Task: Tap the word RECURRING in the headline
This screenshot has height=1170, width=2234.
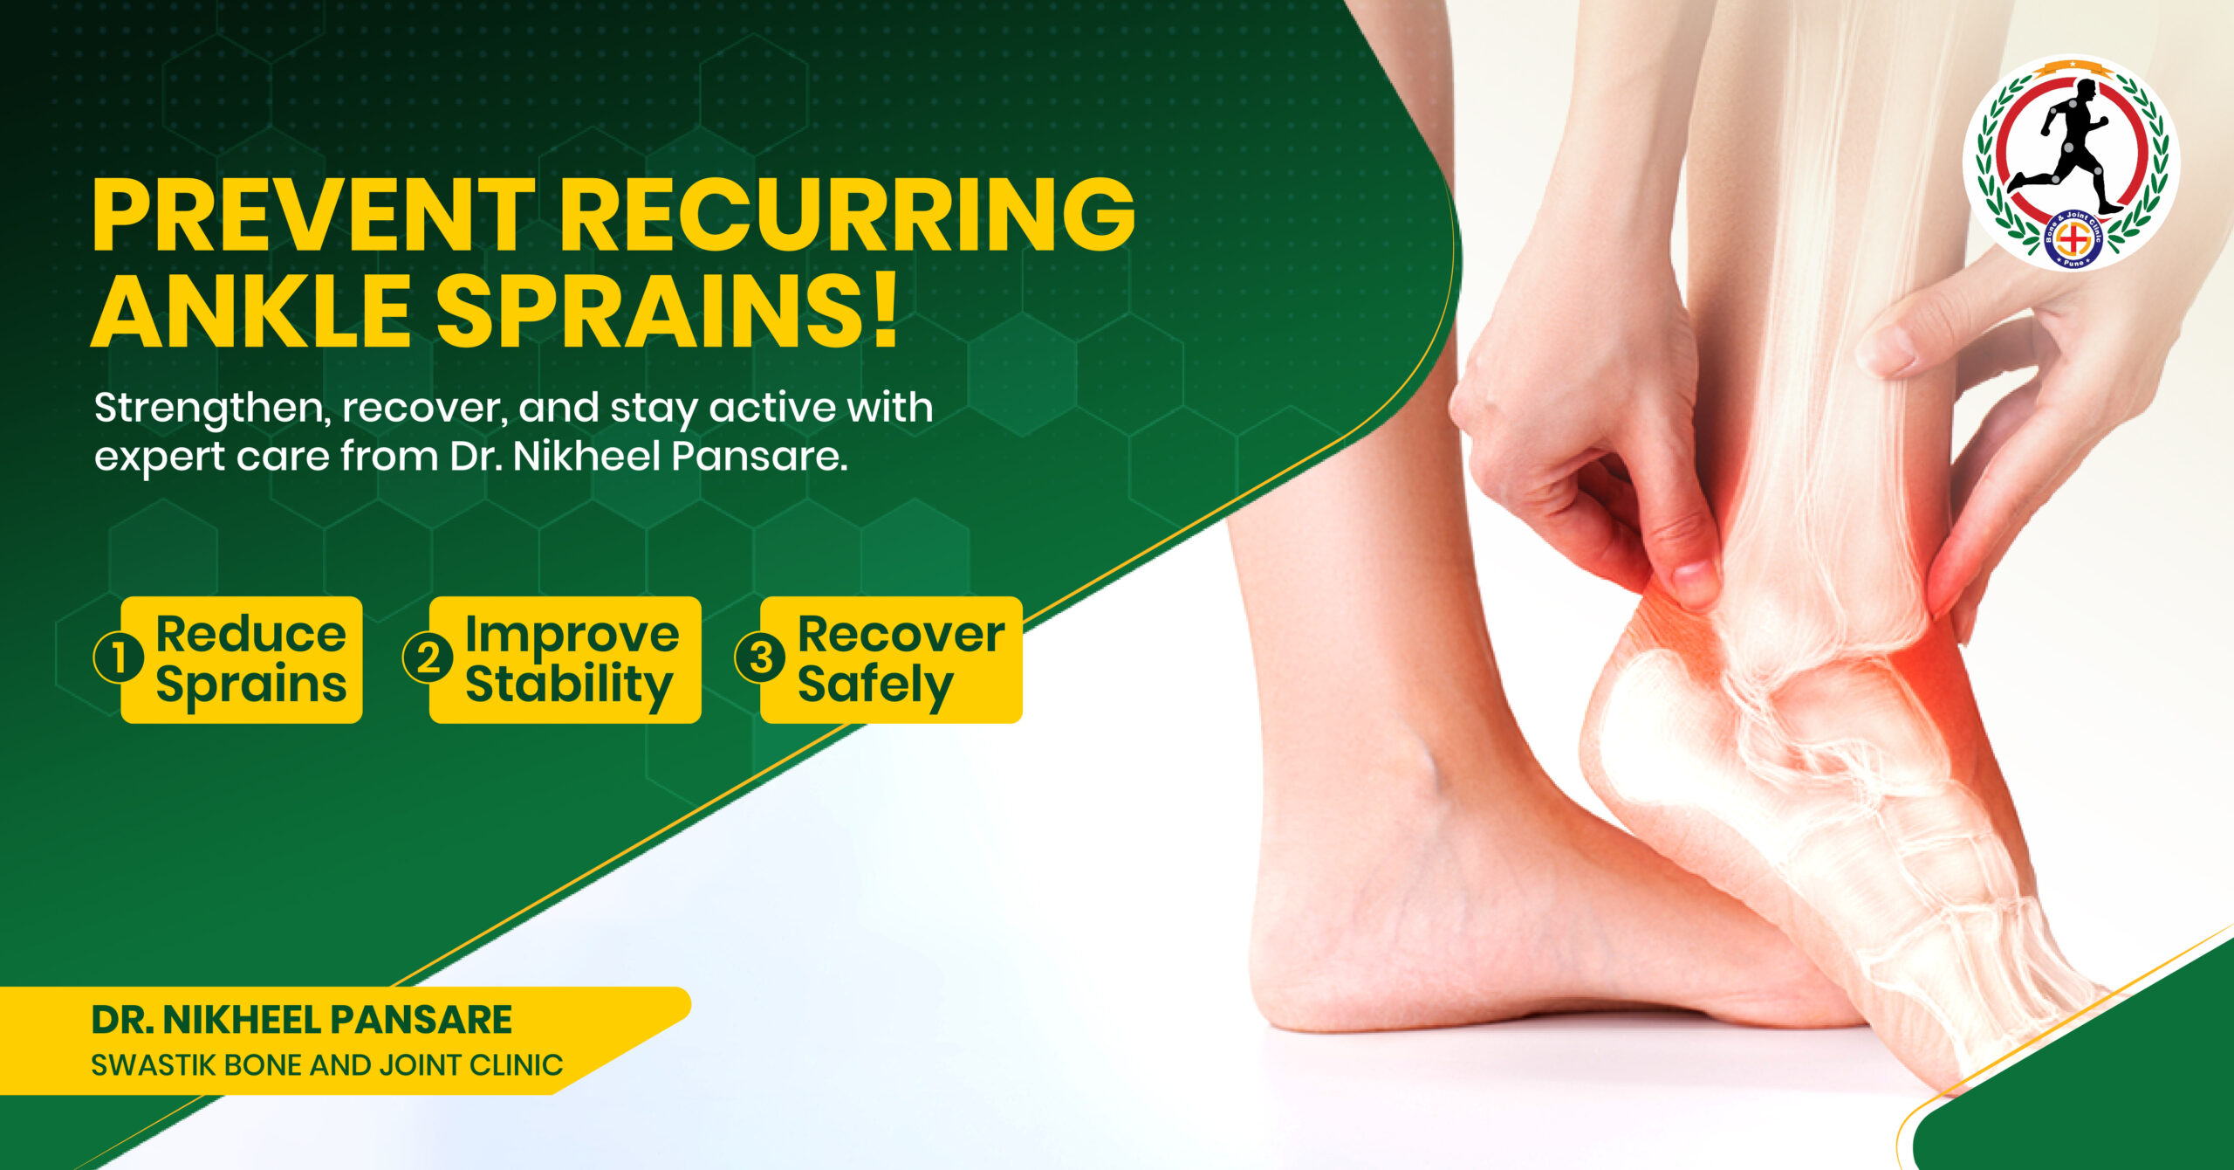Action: [x=846, y=214]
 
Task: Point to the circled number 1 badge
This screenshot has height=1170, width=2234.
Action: [x=118, y=657]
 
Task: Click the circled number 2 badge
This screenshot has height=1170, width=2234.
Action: [x=428, y=657]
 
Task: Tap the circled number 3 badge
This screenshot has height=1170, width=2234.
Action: [x=760, y=657]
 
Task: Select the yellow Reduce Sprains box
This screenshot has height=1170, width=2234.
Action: [x=241, y=659]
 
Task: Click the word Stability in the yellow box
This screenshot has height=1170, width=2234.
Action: [x=569, y=685]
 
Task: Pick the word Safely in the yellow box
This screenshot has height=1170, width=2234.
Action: [x=874, y=685]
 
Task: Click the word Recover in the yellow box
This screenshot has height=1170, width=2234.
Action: [x=901, y=634]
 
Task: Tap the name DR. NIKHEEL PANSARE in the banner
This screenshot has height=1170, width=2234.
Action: [x=302, y=1020]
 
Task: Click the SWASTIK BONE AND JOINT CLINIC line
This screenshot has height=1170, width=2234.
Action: [x=327, y=1065]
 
